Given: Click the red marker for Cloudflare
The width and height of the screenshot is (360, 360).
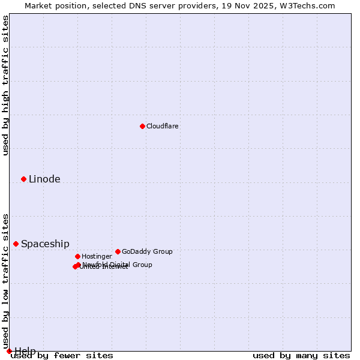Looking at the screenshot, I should [x=142, y=126].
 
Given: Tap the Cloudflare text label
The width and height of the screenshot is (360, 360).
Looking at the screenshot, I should [x=162, y=126].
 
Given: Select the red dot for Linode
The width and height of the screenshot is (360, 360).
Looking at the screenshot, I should [x=23, y=179].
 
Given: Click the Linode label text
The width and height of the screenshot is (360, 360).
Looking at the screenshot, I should [x=44, y=179].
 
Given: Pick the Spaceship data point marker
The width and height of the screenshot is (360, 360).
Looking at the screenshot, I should [x=16, y=244].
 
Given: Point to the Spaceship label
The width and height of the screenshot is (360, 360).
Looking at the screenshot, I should [x=45, y=244].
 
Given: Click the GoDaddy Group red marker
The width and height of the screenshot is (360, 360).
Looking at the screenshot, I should [x=118, y=251].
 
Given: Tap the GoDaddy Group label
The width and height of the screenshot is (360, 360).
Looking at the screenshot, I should [x=146, y=251].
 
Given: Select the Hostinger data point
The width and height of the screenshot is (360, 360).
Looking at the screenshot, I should [x=77, y=256].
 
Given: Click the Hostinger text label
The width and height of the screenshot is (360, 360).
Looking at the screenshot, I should [x=97, y=256].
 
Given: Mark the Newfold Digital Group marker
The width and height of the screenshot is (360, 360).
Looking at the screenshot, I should [x=78, y=265].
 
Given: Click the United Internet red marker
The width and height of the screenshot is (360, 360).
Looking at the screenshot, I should [x=75, y=266].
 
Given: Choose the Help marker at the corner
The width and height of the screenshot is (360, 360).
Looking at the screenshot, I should [x=9, y=351].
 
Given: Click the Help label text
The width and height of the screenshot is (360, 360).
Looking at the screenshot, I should [x=25, y=351].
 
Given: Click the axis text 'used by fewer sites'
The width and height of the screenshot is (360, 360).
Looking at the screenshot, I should [x=62, y=355].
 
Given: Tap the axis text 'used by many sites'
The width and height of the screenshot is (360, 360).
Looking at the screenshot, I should [x=301, y=355].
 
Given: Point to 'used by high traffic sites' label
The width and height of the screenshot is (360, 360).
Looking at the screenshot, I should [x=5, y=85].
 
